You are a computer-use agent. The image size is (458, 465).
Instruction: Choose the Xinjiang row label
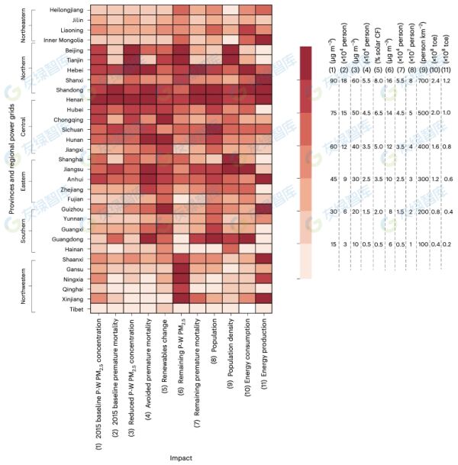[x=73, y=298]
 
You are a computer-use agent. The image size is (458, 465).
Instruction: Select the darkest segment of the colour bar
[x=306, y=62]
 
